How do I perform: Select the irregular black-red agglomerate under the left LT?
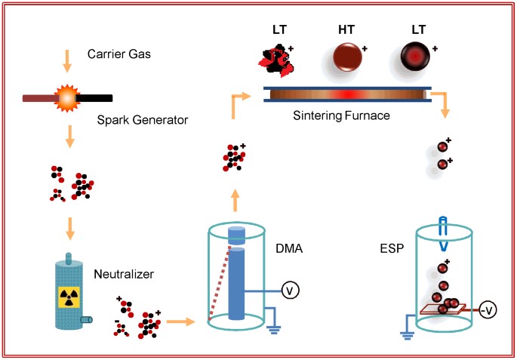pos(277,59)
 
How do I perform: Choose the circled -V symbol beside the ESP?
pos(488,310)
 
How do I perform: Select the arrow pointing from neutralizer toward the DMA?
pos(177,322)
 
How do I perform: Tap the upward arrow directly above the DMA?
pos(236,199)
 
